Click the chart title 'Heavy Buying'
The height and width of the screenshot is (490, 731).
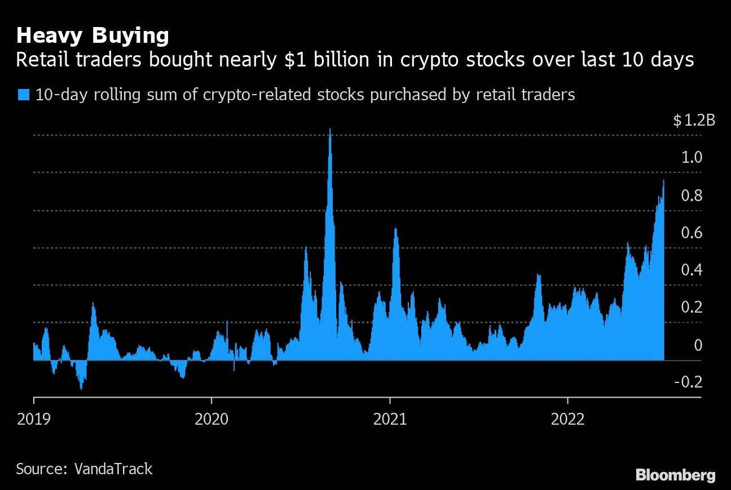[93, 36]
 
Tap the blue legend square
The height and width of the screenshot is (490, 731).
[24, 95]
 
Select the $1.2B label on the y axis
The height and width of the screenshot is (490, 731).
[694, 121]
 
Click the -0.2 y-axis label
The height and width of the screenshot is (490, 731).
[688, 382]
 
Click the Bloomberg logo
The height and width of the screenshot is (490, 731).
[675, 475]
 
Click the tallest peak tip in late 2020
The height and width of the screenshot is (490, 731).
[330, 130]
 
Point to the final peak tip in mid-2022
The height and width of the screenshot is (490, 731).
[663, 180]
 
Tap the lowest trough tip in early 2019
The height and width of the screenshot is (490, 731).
[81, 389]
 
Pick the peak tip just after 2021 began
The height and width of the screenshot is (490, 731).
[395, 228]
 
